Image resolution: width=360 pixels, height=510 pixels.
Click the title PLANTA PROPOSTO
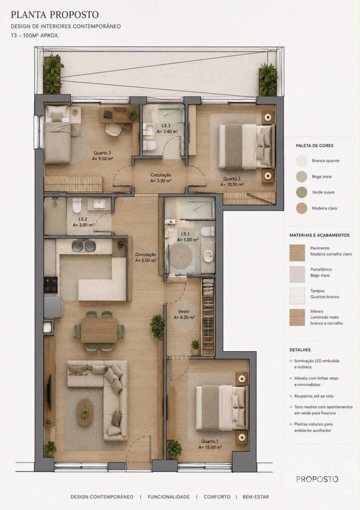point(55,15)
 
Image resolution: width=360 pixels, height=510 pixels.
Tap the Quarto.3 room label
point(102,153)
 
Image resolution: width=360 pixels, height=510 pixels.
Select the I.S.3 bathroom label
point(166,126)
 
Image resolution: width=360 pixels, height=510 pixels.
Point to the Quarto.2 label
point(232,179)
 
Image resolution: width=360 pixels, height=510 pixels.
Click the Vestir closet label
point(184,311)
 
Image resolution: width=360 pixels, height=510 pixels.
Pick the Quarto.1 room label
point(210,441)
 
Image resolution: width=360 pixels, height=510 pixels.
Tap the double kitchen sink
point(84,246)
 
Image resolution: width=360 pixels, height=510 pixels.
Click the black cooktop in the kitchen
point(50,284)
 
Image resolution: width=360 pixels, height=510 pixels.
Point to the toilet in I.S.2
point(77,205)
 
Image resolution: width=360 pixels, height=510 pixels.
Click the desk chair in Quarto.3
point(113,130)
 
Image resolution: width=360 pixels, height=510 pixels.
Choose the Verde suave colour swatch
point(302,192)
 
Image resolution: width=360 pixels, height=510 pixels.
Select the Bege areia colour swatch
point(302,176)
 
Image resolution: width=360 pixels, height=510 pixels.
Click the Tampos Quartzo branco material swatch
point(297,296)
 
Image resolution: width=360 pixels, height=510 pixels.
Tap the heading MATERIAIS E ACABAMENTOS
point(319,235)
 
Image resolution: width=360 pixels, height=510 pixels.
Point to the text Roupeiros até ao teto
point(314,396)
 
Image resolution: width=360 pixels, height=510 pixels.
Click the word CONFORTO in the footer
point(217,497)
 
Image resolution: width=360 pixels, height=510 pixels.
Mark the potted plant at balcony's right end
point(268,79)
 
